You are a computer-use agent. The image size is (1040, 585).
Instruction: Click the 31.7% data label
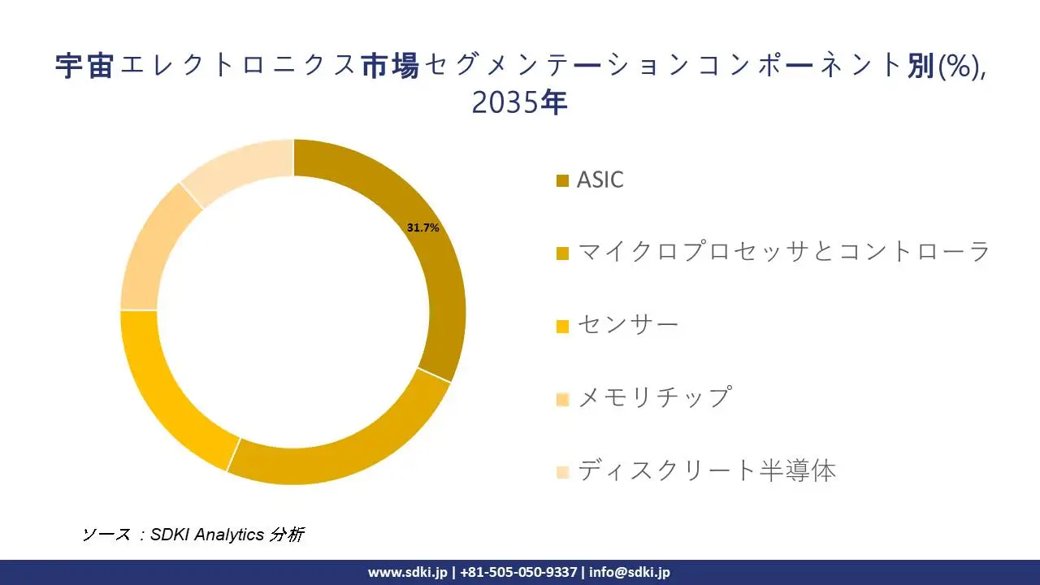pos(422,228)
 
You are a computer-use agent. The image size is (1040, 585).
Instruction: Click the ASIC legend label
pos(600,180)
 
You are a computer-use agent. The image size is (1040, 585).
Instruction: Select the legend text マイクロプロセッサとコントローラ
pos(783,252)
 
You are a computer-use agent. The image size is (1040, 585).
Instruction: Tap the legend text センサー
pos(627,325)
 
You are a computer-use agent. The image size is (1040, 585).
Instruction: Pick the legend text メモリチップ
pos(655,397)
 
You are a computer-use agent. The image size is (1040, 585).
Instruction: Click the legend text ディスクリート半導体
pos(706,470)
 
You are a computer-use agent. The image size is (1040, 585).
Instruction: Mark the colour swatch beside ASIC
pos(562,180)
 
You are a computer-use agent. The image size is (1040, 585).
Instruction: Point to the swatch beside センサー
pos(562,327)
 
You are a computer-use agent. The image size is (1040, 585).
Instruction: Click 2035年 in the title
pos(519,103)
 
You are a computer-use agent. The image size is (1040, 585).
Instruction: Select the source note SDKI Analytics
pos(207,534)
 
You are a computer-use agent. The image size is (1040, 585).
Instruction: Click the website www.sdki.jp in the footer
pos(407,572)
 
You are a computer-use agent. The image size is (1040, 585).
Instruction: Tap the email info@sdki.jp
pos(630,572)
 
